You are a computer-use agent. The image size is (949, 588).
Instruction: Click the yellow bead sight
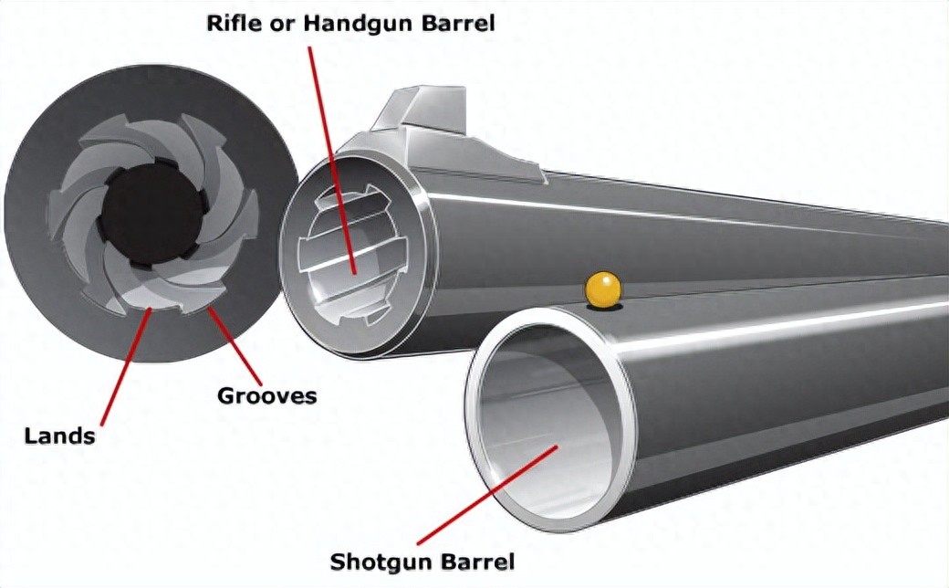click(x=602, y=289)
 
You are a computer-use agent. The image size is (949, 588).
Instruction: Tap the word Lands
click(x=59, y=436)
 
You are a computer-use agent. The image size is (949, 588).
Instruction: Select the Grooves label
click(x=266, y=396)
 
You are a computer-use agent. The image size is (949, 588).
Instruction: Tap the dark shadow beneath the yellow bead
click(x=602, y=308)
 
